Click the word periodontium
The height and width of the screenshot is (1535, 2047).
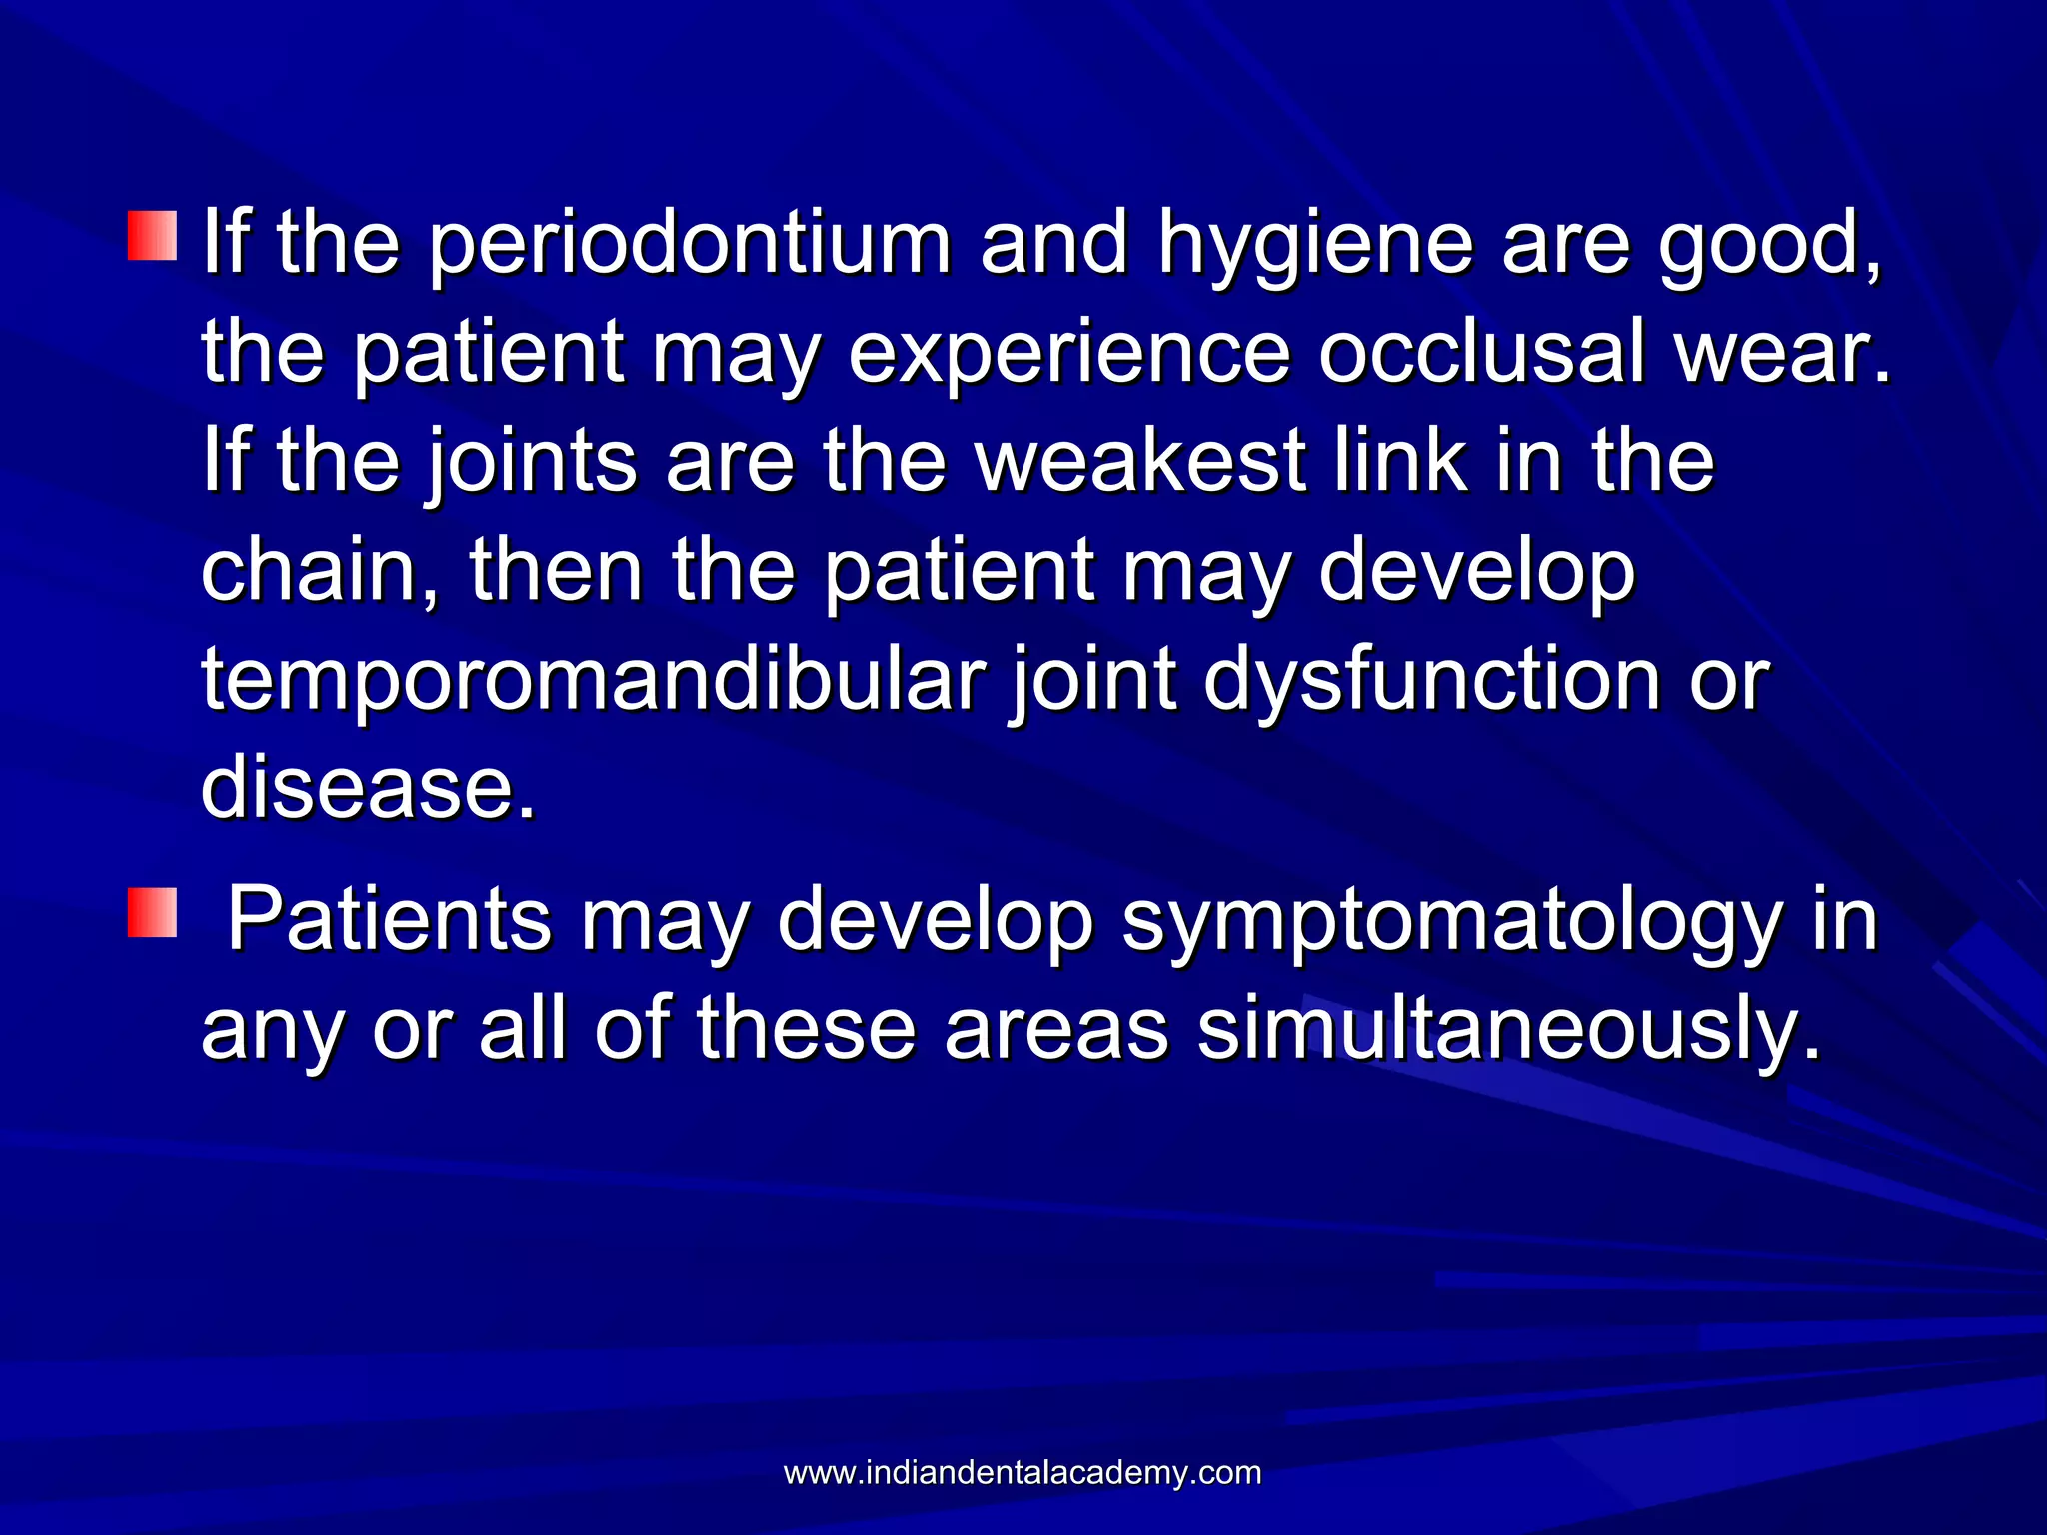pyautogui.click(x=690, y=245)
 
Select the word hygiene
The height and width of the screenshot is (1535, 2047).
pyautogui.click(x=1315, y=245)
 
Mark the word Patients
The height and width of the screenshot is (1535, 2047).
pyautogui.click(x=390, y=919)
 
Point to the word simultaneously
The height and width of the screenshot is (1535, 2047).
pyautogui.click(x=1508, y=1029)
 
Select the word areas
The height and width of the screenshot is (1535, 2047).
pyautogui.click(x=1056, y=1029)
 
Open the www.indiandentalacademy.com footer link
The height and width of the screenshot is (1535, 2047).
pyautogui.click(x=1023, y=1472)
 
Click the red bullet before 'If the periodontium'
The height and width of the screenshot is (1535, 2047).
pyautogui.click(x=152, y=236)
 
